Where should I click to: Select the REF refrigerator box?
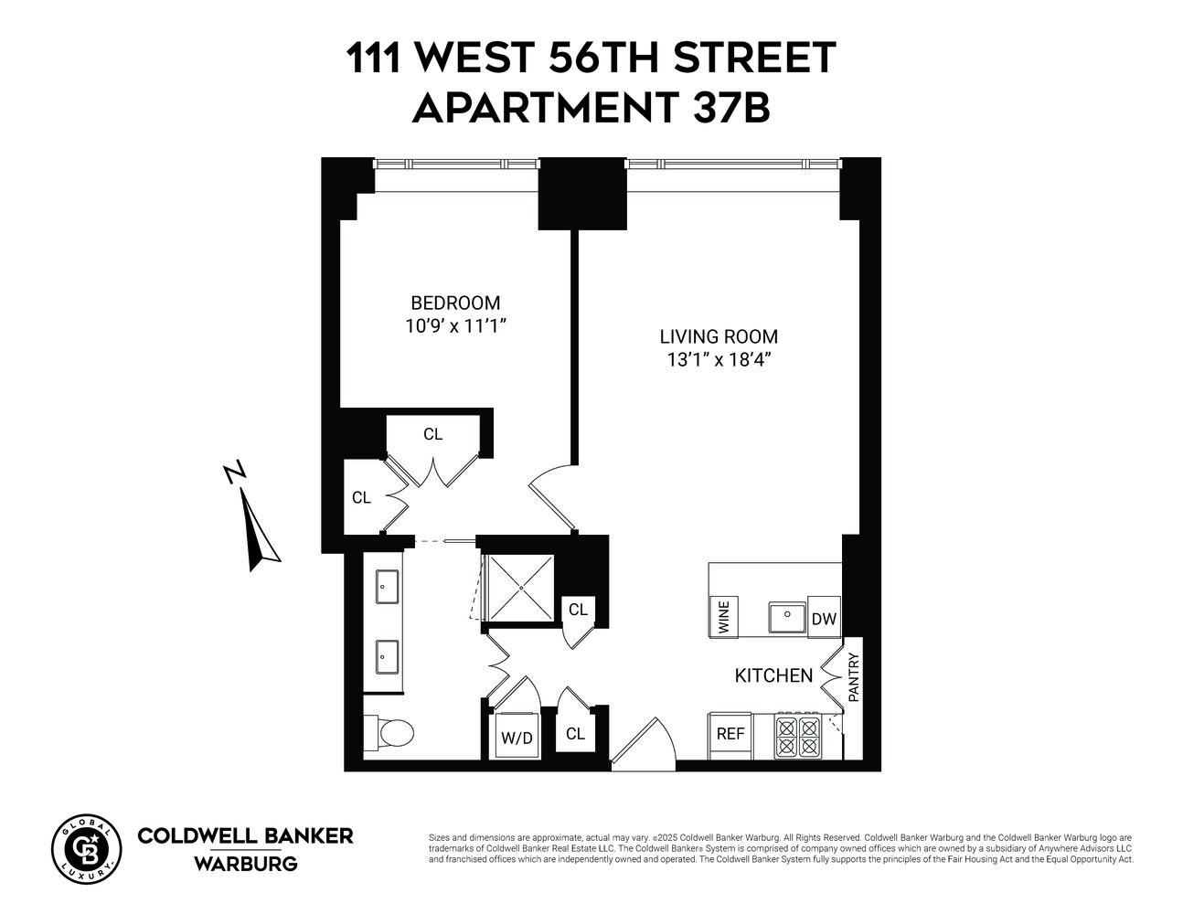(x=730, y=734)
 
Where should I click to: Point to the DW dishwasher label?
(x=825, y=619)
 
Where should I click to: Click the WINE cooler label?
(x=724, y=617)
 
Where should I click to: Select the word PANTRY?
(x=854, y=676)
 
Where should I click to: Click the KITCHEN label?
(x=773, y=675)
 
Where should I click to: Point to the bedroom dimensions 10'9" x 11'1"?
(x=455, y=325)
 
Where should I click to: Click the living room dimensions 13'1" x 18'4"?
(x=719, y=359)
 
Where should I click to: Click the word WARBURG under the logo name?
(x=245, y=864)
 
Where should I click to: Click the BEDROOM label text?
(x=455, y=303)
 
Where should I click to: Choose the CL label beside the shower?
(x=578, y=610)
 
